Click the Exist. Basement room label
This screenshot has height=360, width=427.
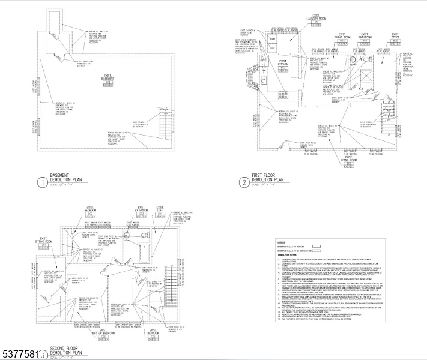coord(108,79)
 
